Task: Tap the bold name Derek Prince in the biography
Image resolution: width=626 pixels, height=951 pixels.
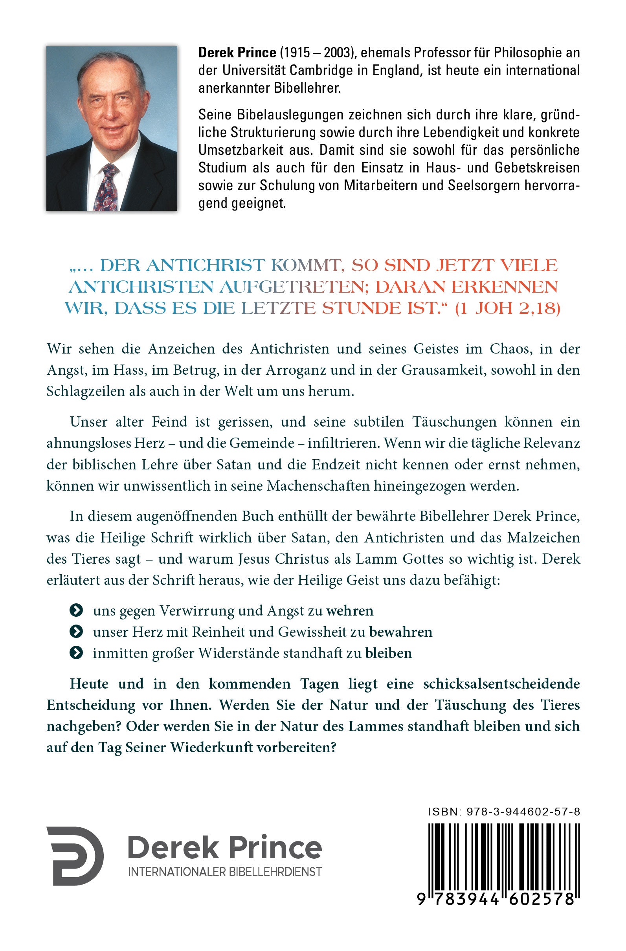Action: pos(237,52)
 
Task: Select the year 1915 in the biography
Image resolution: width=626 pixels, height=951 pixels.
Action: pos(296,52)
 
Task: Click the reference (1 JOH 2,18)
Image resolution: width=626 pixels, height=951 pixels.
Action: pos(508,309)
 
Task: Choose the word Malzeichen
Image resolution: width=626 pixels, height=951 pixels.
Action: pos(543,538)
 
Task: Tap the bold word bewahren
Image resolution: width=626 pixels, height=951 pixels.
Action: pos(400,632)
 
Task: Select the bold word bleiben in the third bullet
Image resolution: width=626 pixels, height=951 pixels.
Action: pos(389,653)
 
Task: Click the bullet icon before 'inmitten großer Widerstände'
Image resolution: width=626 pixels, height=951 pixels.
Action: pos(76,653)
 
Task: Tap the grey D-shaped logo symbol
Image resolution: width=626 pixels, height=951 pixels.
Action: pos(75,856)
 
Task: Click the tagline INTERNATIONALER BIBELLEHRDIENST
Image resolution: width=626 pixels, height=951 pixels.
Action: pos(225,872)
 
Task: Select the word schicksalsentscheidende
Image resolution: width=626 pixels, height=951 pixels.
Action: pos(501,683)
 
